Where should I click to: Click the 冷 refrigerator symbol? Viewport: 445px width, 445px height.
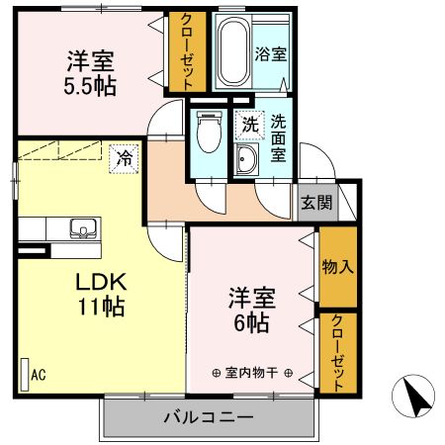point(126,156)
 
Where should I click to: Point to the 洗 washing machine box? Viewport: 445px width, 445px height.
point(249,127)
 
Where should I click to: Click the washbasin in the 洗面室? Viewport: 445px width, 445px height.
point(247,161)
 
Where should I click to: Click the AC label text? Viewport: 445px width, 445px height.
point(39,375)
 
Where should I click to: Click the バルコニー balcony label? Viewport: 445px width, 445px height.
point(208,417)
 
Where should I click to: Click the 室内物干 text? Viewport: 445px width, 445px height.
point(252,373)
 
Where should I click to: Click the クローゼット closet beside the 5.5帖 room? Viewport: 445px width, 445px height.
point(183,51)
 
